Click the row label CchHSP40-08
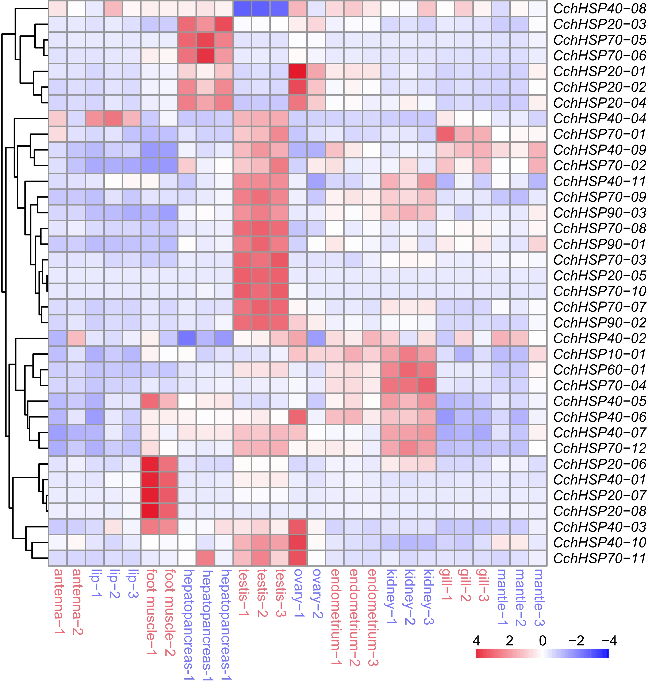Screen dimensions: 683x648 point(599,8)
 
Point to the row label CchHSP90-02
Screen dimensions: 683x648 point(599,323)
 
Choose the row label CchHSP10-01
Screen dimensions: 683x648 point(599,354)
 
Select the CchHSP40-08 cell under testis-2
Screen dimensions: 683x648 point(261,8)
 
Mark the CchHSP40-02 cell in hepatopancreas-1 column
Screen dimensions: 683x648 point(187,338)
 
